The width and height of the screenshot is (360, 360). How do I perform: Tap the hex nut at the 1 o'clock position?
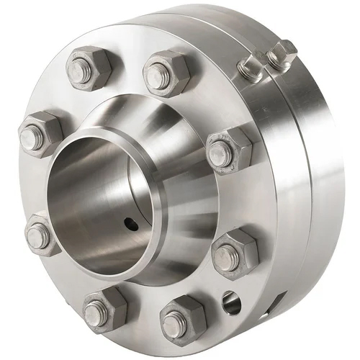tap(166, 73)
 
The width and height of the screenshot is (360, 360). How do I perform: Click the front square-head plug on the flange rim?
tap(250, 68)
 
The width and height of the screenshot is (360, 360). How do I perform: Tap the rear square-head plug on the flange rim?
tap(281, 54)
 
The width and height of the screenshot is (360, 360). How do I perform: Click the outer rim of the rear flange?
tap(324, 180)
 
